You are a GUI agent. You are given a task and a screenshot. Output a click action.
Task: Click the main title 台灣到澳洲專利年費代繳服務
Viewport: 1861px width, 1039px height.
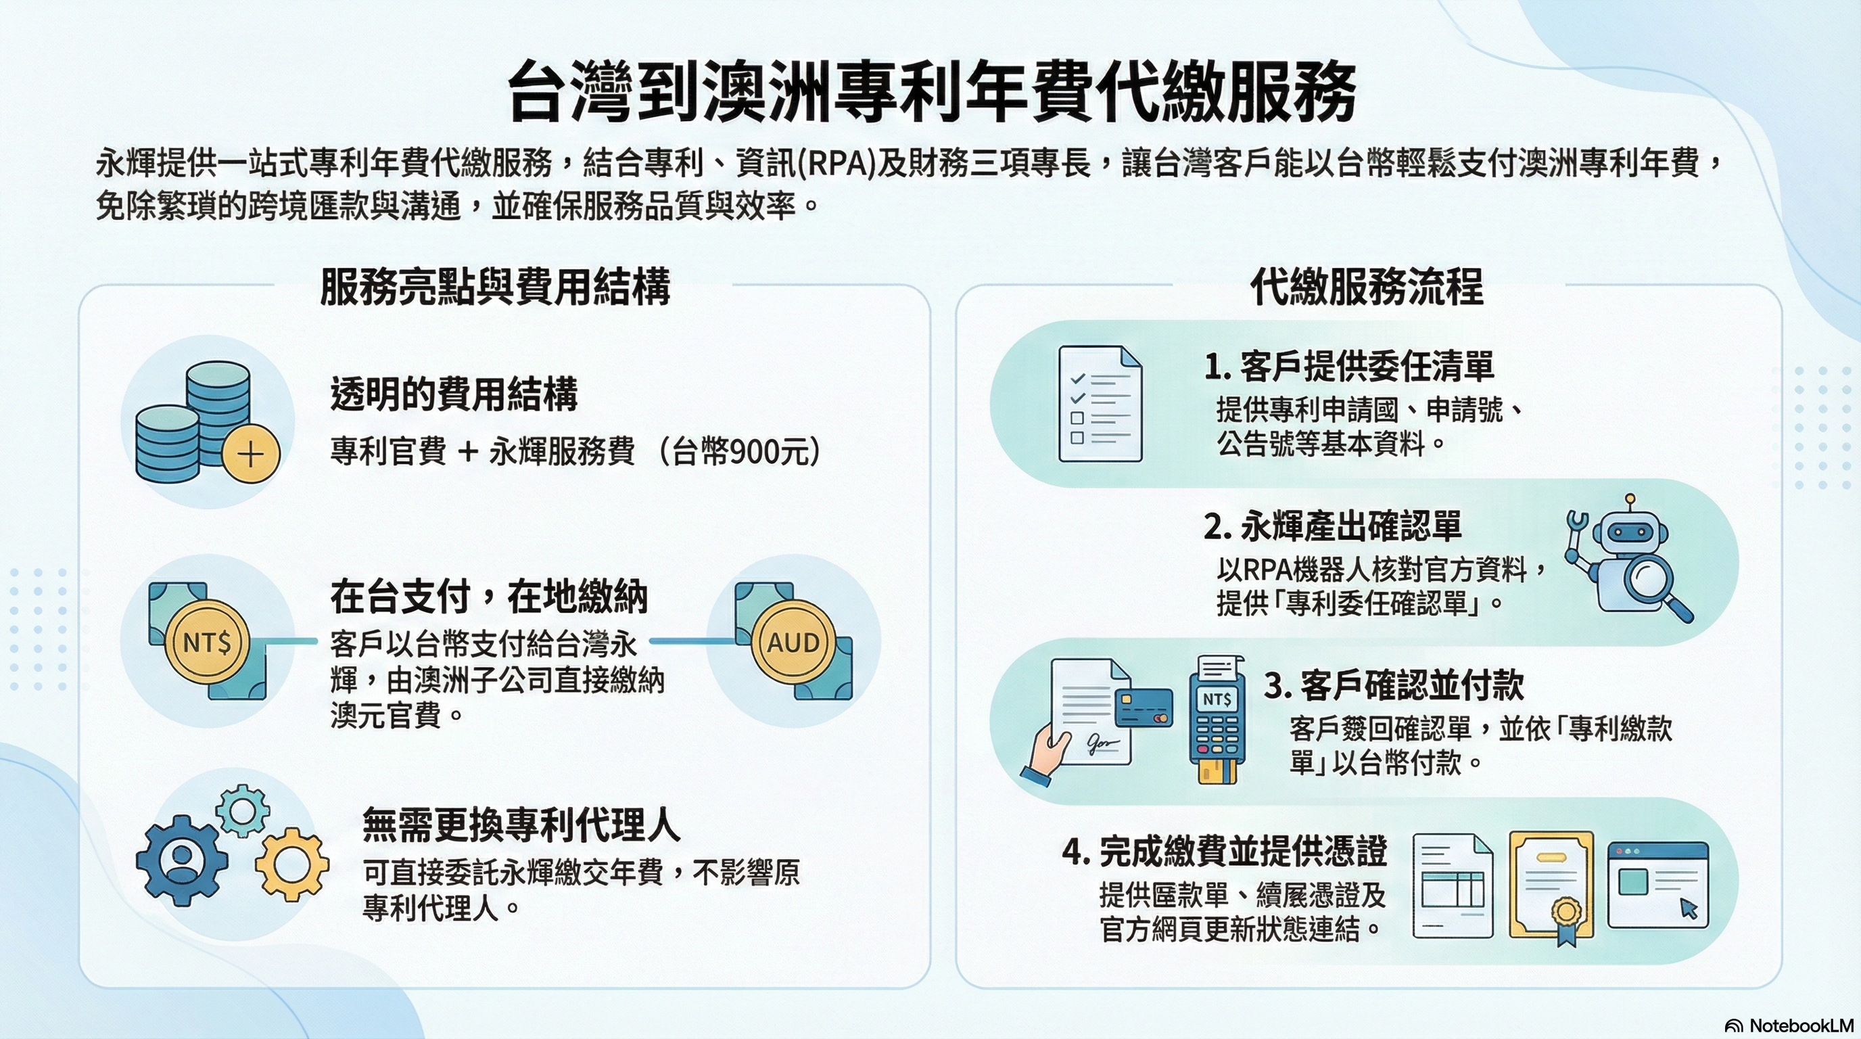pyautogui.click(x=931, y=92)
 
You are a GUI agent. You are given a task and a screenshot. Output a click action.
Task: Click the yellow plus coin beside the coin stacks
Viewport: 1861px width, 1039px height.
pyautogui.click(x=251, y=455)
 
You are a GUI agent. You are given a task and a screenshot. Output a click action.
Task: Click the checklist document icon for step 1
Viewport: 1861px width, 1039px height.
pyautogui.click(x=1100, y=403)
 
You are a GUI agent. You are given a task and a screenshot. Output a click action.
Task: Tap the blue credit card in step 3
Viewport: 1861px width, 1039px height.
pyautogui.click(x=1144, y=707)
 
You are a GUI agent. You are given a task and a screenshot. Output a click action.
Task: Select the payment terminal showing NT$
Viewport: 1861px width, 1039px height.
pyautogui.click(x=1218, y=720)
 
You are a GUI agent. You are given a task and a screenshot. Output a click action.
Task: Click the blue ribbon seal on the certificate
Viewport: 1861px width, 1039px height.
pyautogui.click(x=1565, y=920)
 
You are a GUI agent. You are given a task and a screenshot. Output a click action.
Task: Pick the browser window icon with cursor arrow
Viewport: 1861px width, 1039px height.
pyautogui.click(x=1658, y=885)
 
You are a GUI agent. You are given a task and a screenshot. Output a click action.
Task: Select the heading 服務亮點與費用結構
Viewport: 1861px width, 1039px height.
pyautogui.click(x=495, y=286)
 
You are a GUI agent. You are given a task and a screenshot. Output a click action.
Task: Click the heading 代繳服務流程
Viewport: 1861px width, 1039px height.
pyautogui.click(x=1366, y=286)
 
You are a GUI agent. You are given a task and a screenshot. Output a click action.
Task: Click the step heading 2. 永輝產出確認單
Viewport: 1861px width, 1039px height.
pyautogui.click(x=1333, y=526)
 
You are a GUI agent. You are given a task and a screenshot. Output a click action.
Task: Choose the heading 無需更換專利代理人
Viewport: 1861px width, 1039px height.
pyautogui.click(x=521, y=825)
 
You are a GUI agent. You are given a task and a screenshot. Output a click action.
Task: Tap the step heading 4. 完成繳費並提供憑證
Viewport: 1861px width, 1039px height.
pyautogui.click(x=1225, y=852)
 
